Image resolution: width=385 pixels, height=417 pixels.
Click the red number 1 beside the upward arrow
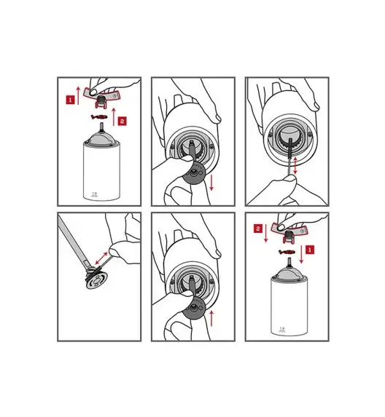point(70,100)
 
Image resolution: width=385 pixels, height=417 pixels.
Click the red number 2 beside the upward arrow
point(122,121)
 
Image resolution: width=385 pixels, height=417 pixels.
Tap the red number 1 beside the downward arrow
point(310,250)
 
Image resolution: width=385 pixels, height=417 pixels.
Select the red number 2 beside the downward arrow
point(258,229)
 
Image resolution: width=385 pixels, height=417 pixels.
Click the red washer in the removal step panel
point(99,116)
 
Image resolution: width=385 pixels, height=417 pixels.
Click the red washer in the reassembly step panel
point(287,251)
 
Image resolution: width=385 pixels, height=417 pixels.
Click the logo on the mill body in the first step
point(94,195)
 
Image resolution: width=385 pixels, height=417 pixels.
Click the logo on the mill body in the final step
point(281,330)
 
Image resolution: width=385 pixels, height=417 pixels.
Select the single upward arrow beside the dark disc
point(211,318)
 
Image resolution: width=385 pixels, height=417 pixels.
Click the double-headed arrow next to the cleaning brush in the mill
point(295,165)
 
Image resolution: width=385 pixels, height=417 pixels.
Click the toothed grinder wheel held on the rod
point(96,279)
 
